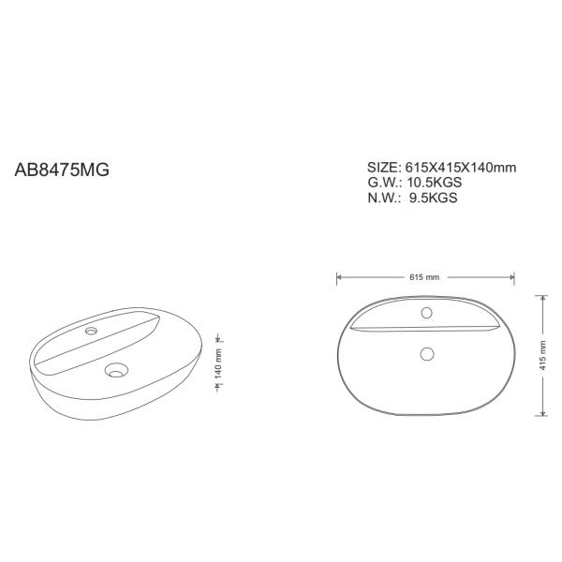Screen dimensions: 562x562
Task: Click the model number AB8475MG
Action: click(x=62, y=172)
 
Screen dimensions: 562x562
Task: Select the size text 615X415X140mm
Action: click(x=460, y=168)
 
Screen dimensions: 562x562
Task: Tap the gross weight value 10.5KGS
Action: click(x=433, y=183)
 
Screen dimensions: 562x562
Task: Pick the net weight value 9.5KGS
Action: click(x=433, y=198)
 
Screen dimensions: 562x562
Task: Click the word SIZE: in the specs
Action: click(x=384, y=168)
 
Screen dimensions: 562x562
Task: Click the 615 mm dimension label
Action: click(x=424, y=278)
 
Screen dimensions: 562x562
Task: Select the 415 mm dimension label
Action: click(x=543, y=354)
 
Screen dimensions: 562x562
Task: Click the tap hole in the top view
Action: click(x=425, y=313)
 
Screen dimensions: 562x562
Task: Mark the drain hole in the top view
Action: click(x=426, y=353)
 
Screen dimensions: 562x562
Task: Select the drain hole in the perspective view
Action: click(x=116, y=371)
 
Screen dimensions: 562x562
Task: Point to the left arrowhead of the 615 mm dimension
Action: click(x=339, y=277)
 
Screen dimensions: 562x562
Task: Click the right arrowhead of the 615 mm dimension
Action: click(x=511, y=277)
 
